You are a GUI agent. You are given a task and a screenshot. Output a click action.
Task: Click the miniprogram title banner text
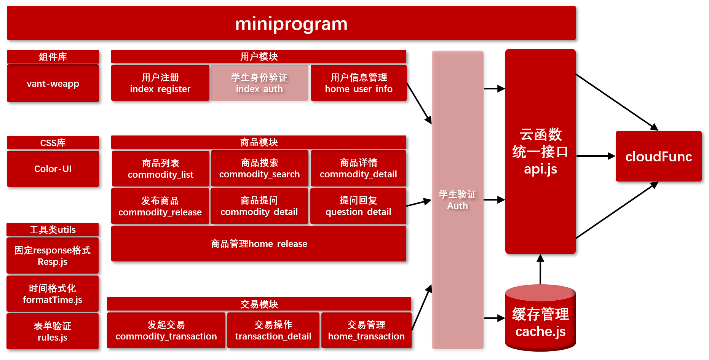291,24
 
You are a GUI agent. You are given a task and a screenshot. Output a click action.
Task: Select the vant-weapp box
53,83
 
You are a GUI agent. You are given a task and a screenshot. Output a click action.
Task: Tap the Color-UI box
53,169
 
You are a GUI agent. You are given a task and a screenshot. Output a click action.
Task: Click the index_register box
160,83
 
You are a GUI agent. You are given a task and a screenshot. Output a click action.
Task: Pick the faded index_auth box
259,83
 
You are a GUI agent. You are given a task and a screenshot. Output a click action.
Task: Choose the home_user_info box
359,83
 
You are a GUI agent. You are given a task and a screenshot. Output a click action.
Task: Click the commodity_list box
161,169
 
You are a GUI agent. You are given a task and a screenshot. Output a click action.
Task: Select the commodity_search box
260,168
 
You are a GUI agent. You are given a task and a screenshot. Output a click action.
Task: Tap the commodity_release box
160,206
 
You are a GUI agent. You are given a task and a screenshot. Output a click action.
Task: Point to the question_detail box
358,206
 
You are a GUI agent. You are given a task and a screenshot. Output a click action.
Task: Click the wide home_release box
259,244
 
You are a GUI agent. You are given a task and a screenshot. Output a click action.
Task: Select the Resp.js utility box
53,256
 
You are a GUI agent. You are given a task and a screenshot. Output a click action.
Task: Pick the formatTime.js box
53,294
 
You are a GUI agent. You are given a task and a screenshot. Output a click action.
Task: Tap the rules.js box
53,331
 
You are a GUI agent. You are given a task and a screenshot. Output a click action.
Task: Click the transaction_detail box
273,330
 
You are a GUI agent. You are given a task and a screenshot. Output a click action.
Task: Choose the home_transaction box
366,330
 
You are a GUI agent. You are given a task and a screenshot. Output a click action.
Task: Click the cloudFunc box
659,156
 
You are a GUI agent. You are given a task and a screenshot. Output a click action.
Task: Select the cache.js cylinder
540,322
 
